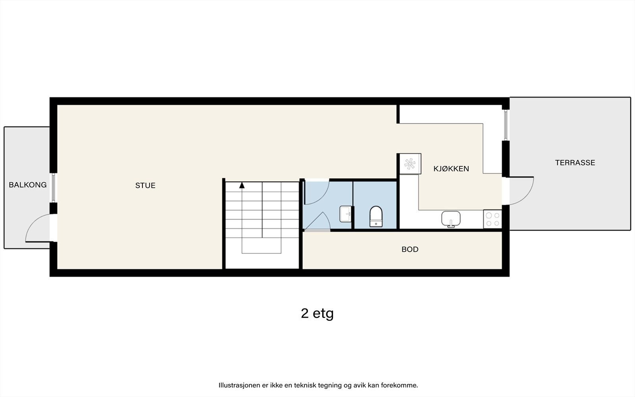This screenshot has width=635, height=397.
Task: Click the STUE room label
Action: (x=145, y=185)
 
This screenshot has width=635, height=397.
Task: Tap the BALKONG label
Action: (x=28, y=185)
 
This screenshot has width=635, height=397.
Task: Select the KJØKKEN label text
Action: (x=451, y=169)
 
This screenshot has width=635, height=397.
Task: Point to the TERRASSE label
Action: (x=575, y=162)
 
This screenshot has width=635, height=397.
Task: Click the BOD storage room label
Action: (x=410, y=249)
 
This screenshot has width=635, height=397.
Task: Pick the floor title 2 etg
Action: (x=317, y=313)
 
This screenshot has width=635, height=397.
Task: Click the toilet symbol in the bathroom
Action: (x=375, y=217)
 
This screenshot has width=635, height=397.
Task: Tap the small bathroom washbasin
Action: (x=346, y=214)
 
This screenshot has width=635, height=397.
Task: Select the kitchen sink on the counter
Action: (x=451, y=219)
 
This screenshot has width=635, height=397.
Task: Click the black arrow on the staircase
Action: (x=242, y=185)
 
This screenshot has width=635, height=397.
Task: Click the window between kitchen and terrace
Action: (x=506, y=125)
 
